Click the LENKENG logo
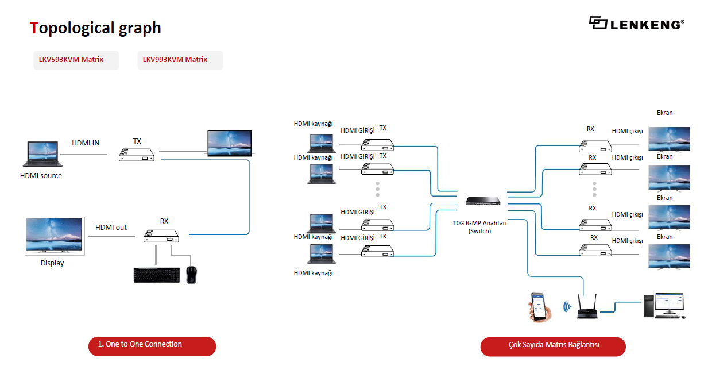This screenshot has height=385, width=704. [x=636, y=23]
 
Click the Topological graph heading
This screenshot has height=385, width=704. [x=95, y=28]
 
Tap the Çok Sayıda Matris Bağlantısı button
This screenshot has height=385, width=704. [x=552, y=346]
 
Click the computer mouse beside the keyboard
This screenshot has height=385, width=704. [x=192, y=275]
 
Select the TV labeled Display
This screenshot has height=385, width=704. [x=55, y=236]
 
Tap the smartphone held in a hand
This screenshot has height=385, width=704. [x=540, y=307]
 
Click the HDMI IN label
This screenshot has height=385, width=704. [x=86, y=143]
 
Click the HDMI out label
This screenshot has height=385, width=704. [x=111, y=227]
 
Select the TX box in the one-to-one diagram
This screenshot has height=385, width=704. [x=137, y=155]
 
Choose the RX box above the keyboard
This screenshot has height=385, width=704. [x=161, y=235]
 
